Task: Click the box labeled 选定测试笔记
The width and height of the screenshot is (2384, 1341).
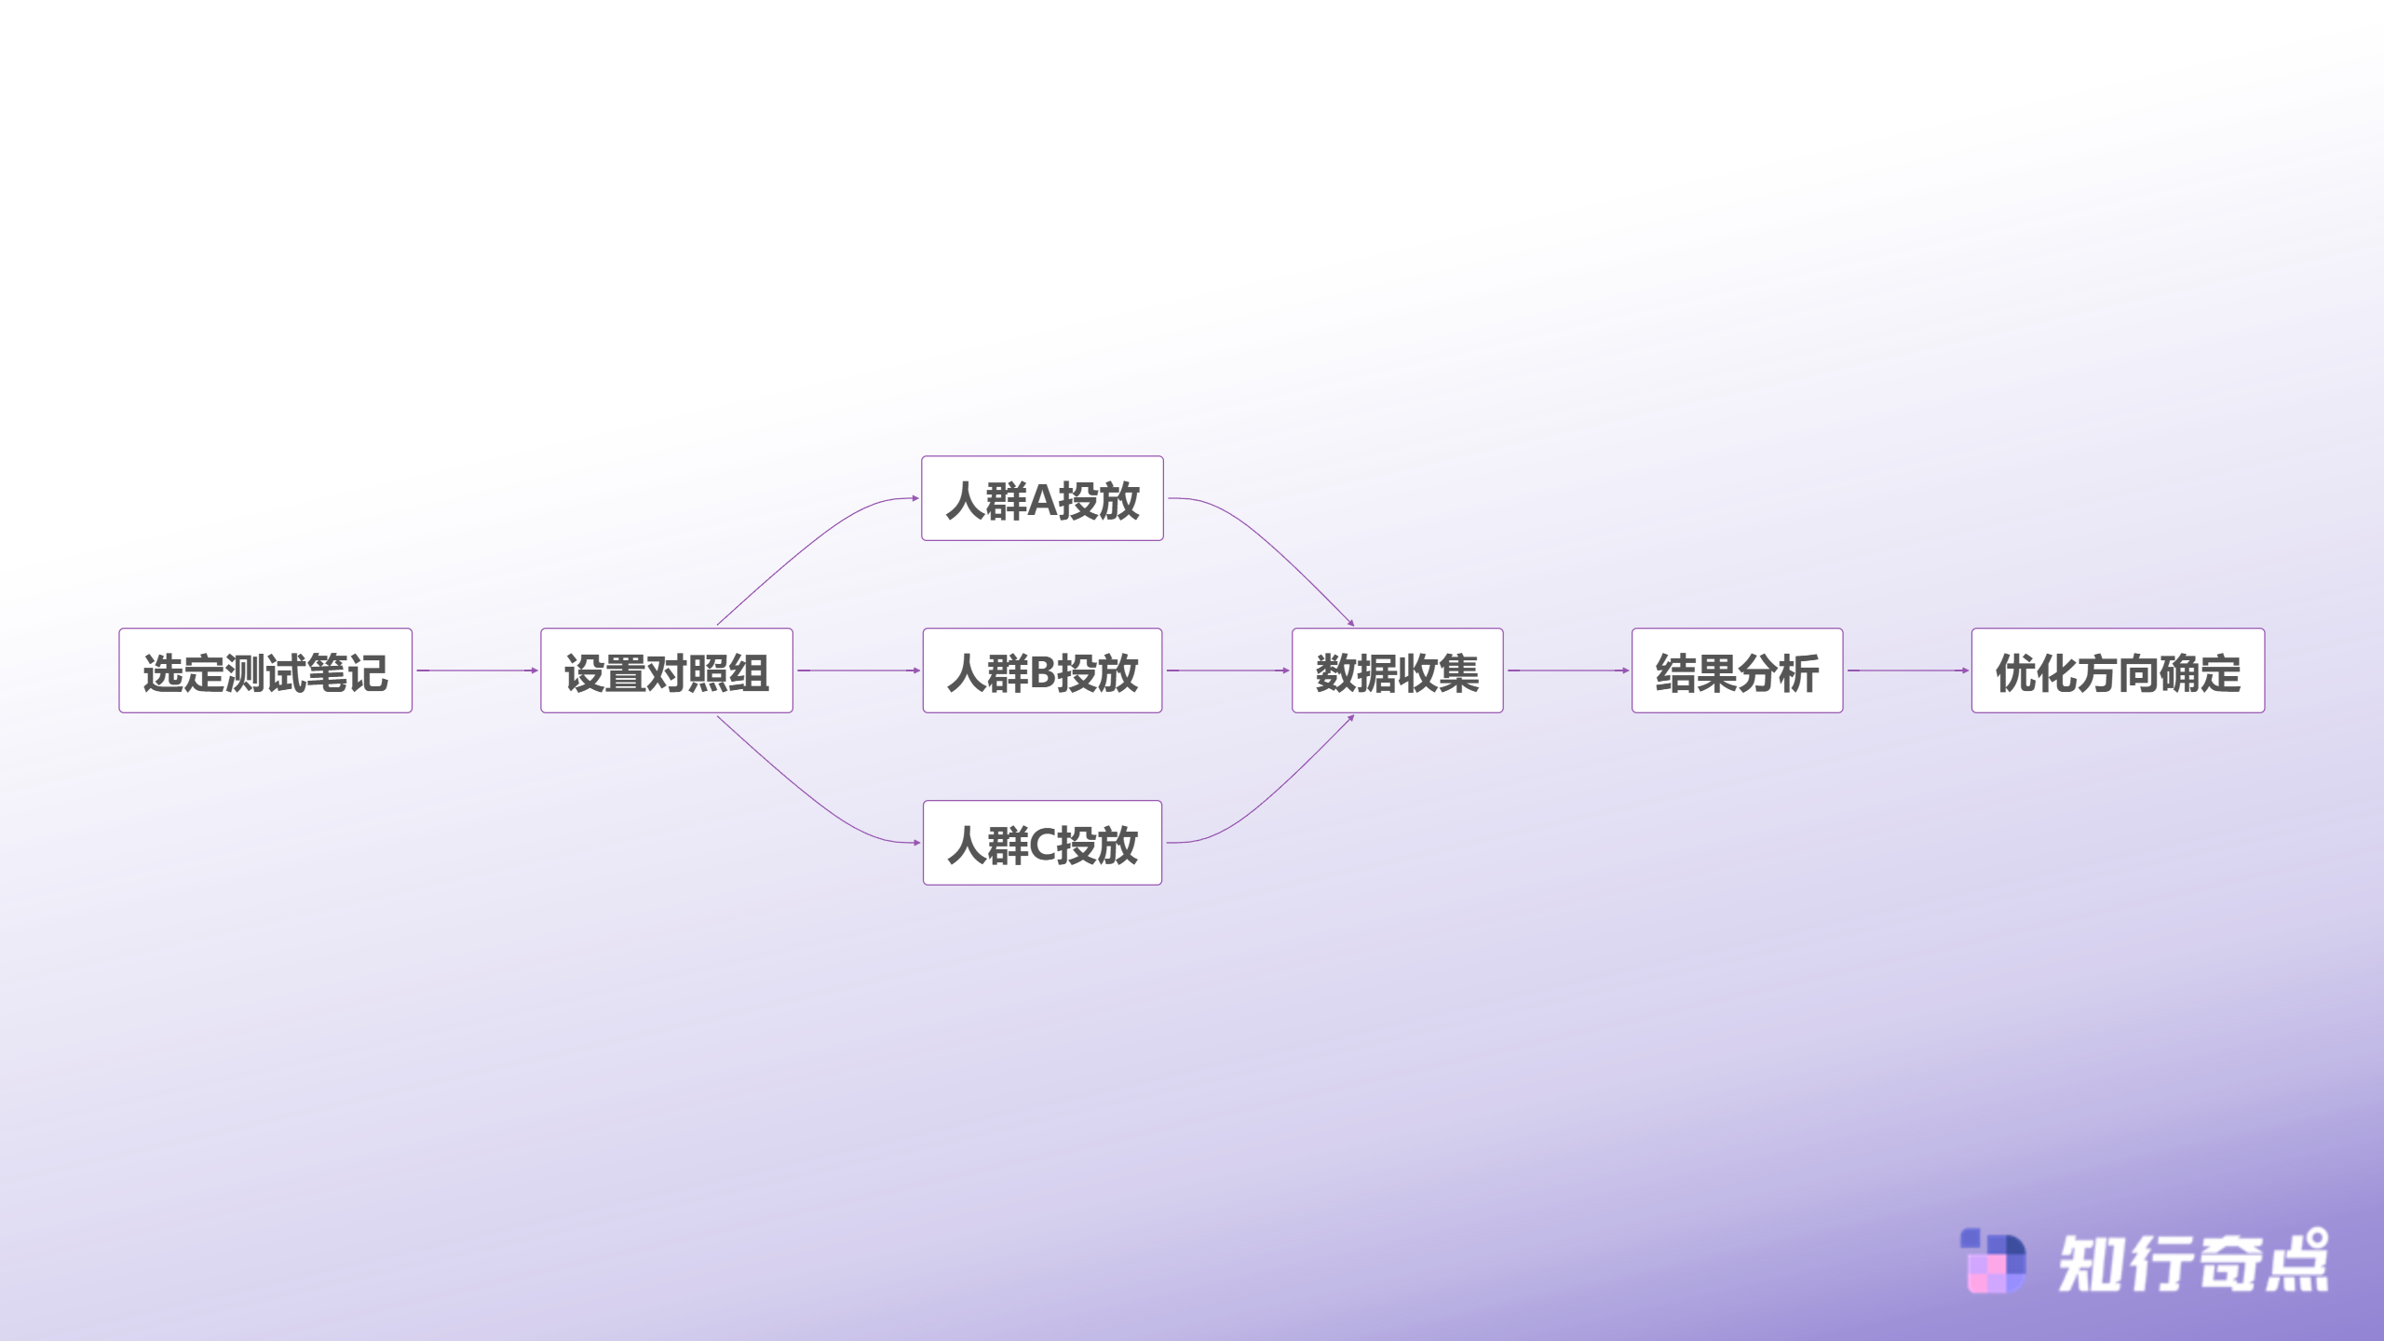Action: click(265, 670)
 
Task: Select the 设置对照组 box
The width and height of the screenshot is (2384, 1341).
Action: click(667, 670)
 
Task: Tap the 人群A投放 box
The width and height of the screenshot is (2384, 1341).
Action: click(1042, 498)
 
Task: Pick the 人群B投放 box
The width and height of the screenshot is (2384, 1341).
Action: click(1042, 670)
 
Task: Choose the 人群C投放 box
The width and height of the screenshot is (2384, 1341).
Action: click(1042, 843)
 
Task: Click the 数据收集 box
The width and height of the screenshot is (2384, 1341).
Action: click(1397, 670)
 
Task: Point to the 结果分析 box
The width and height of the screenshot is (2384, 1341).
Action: click(1737, 670)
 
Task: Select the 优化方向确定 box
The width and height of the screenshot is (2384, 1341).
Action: click(2118, 670)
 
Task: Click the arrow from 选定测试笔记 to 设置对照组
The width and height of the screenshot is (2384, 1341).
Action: click(477, 670)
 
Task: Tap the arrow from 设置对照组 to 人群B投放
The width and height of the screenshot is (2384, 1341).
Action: click(858, 670)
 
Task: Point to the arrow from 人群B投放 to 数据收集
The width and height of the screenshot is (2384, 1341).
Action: click(1227, 670)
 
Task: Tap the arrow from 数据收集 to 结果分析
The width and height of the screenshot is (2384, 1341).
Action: click(1568, 670)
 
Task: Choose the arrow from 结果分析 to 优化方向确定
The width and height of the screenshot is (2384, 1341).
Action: click(1907, 670)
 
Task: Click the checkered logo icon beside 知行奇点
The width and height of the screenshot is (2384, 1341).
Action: click(1993, 1261)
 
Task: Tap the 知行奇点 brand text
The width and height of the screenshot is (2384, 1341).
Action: click(2193, 1261)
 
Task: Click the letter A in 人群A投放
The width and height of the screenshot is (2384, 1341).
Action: click(1042, 500)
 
